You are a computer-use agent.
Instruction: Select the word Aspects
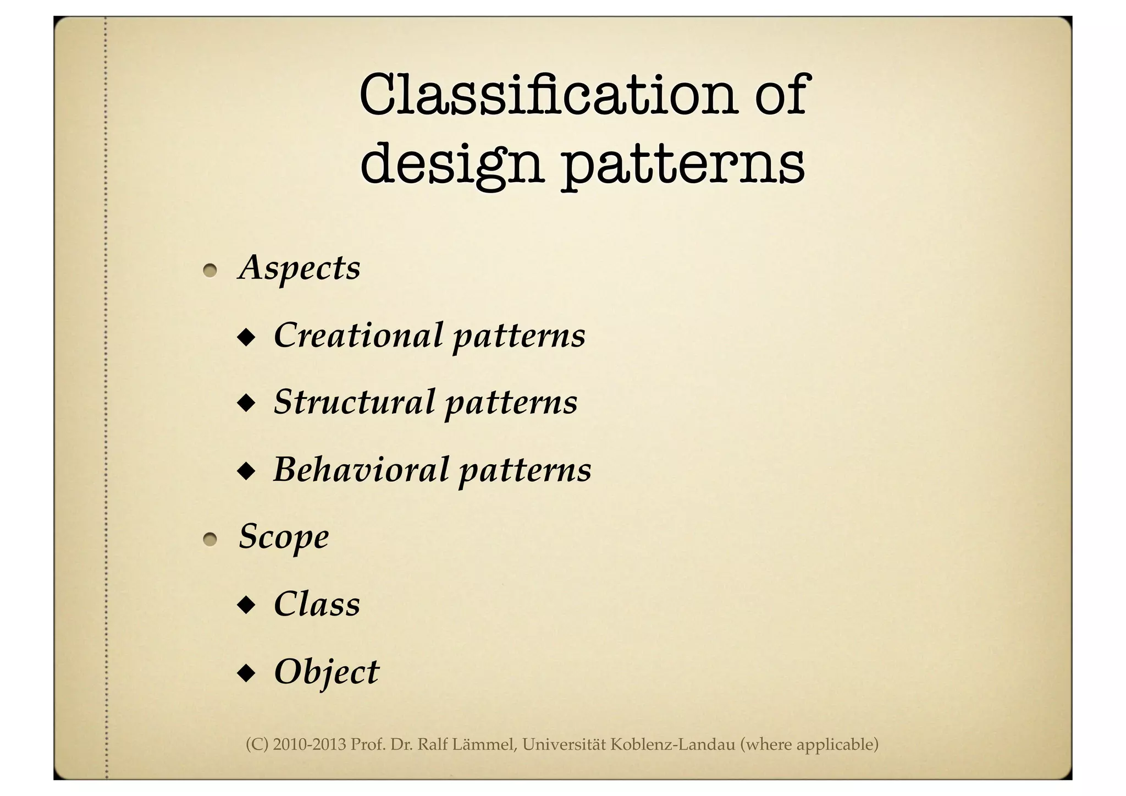(x=300, y=268)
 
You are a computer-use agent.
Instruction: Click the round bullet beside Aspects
(x=209, y=271)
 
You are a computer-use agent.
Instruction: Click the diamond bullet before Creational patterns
(x=246, y=337)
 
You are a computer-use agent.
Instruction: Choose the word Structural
(x=355, y=402)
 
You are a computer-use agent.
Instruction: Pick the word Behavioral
(x=361, y=469)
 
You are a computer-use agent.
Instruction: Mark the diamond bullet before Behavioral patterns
(x=246, y=471)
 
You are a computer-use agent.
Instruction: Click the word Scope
(x=284, y=536)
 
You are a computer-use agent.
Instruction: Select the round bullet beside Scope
(x=209, y=540)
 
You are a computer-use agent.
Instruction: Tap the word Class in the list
(x=317, y=603)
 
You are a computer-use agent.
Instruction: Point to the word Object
(x=327, y=671)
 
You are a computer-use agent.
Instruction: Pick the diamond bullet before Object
(x=246, y=673)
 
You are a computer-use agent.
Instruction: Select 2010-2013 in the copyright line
(x=310, y=745)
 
